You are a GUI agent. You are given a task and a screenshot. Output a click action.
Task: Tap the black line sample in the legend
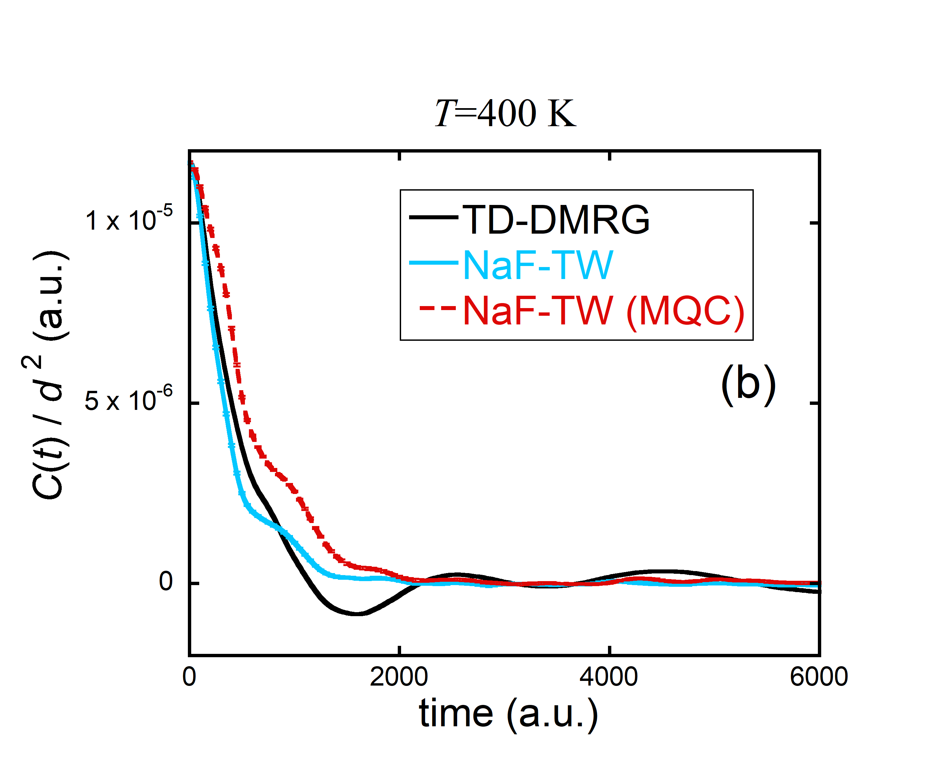[433, 217]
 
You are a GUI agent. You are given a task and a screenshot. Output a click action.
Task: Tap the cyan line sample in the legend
[433, 263]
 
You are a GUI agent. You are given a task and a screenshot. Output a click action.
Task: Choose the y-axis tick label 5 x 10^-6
[128, 400]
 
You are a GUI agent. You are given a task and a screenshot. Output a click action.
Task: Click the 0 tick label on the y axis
[166, 582]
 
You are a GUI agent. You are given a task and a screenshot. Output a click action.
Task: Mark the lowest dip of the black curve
[357, 614]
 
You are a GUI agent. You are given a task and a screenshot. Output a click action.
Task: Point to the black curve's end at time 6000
[818, 592]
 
